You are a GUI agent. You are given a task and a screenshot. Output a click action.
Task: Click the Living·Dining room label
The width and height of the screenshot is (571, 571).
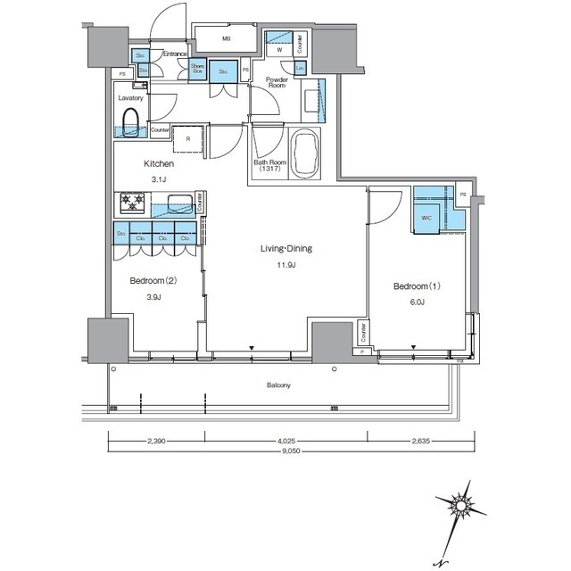coord(285,249)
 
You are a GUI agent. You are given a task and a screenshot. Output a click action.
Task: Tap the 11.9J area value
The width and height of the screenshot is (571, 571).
coord(285,265)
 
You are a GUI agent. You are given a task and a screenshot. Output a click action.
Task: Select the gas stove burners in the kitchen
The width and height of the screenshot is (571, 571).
coord(132,204)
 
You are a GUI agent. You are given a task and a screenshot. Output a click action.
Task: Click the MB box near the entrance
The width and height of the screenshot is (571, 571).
coord(226,39)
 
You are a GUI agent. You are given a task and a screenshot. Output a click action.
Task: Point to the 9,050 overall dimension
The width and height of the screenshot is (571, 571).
coord(281,451)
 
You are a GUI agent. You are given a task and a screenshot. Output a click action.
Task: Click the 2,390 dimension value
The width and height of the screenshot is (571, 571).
coord(157,440)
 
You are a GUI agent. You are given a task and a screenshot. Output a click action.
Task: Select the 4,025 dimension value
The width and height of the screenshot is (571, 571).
coord(285,440)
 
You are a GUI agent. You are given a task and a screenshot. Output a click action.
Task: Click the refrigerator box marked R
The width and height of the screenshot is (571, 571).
coord(188,138)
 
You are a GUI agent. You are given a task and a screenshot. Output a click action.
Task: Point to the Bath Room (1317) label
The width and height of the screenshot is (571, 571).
coord(268,166)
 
